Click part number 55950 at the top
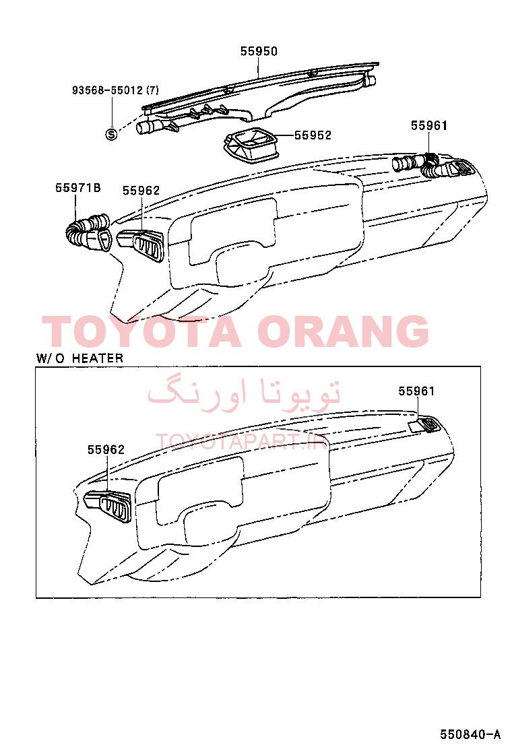[x=259, y=51]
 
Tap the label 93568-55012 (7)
[x=116, y=90]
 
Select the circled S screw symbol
[x=110, y=135]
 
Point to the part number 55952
[x=313, y=135]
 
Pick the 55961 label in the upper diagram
[x=429, y=126]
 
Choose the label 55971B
[x=78, y=188]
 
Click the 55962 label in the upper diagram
[x=141, y=191]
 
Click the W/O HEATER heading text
[x=79, y=358]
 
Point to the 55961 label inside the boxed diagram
[x=416, y=391]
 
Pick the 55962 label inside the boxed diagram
[x=106, y=449]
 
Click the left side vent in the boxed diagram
[x=108, y=504]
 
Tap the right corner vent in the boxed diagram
[x=425, y=424]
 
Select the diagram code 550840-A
[x=470, y=734]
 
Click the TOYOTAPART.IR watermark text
[x=242, y=442]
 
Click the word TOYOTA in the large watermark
[x=142, y=331]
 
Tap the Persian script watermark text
[x=244, y=393]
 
